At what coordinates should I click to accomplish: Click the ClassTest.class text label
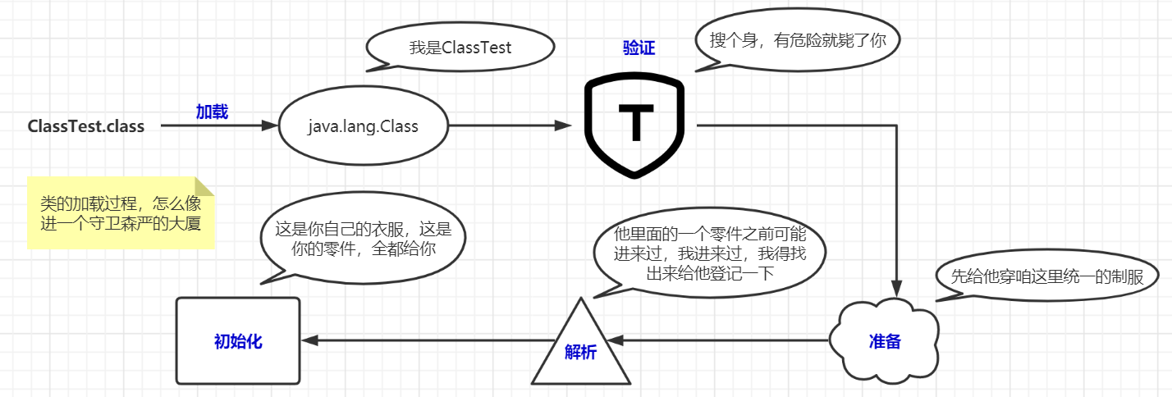pyautogui.click(x=85, y=126)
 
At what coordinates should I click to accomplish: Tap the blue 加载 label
pyautogui.click(x=212, y=112)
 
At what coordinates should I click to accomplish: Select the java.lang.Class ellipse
pyautogui.click(x=363, y=126)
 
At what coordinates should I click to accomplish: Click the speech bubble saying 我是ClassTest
pyautogui.click(x=460, y=48)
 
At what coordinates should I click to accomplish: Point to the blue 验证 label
pyautogui.click(x=639, y=48)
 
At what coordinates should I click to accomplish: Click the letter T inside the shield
pyautogui.click(x=634, y=125)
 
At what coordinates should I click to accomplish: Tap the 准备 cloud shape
pyautogui.click(x=885, y=341)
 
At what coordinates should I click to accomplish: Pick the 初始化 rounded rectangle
pyautogui.click(x=238, y=341)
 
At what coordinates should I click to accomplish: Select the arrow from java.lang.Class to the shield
pyautogui.click(x=509, y=126)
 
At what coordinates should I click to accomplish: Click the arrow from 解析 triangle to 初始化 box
pyautogui.click(x=427, y=340)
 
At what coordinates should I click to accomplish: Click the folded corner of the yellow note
pyautogui.click(x=204, y=186)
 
